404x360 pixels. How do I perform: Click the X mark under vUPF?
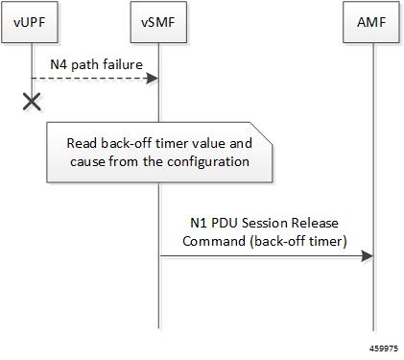(31, 101)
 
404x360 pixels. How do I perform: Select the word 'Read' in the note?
(83, 143)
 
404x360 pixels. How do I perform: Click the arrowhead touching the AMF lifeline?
(367, 256)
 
